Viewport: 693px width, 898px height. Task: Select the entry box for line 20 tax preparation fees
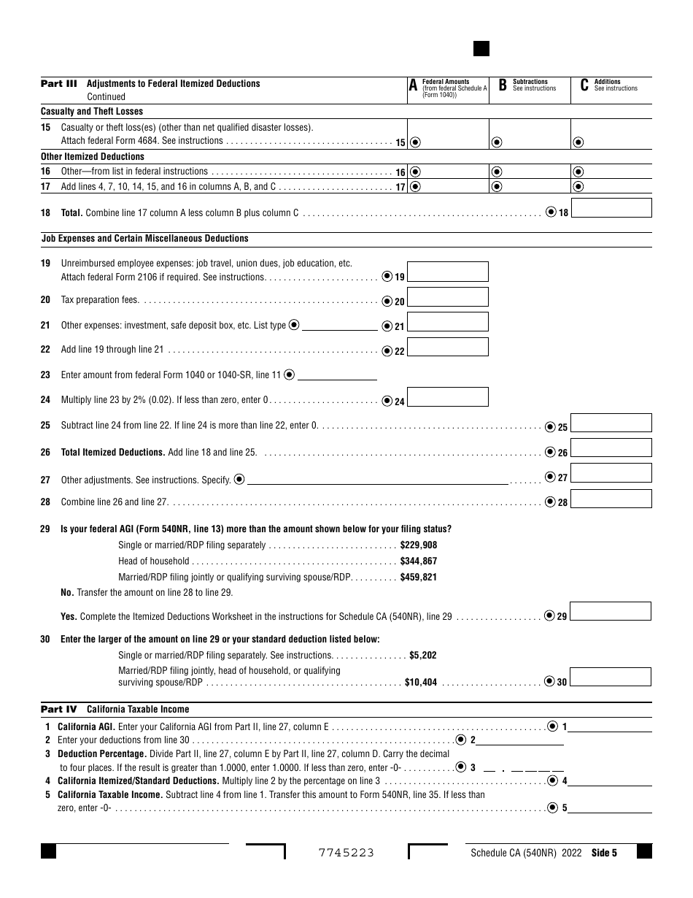(x=447, y=297)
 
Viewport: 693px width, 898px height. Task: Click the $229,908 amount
(x=419, y=545)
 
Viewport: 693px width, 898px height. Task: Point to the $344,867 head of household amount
(x=419, y=561)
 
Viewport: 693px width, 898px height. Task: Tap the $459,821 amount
(x=419, y=577)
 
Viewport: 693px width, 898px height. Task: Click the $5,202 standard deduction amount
(x=423, y=656)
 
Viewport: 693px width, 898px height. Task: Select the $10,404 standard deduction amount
(x=421, y=683)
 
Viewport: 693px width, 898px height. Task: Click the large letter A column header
(x=413, y=86)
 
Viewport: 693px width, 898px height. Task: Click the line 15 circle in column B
(x=497, y=142)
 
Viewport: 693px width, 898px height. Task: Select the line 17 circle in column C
(x=578, y=187)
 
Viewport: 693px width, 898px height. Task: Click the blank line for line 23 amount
(x=337, y=375)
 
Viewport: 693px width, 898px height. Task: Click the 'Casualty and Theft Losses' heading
(x=92, y=112)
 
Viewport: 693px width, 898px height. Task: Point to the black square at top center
(x=481, y=49)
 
